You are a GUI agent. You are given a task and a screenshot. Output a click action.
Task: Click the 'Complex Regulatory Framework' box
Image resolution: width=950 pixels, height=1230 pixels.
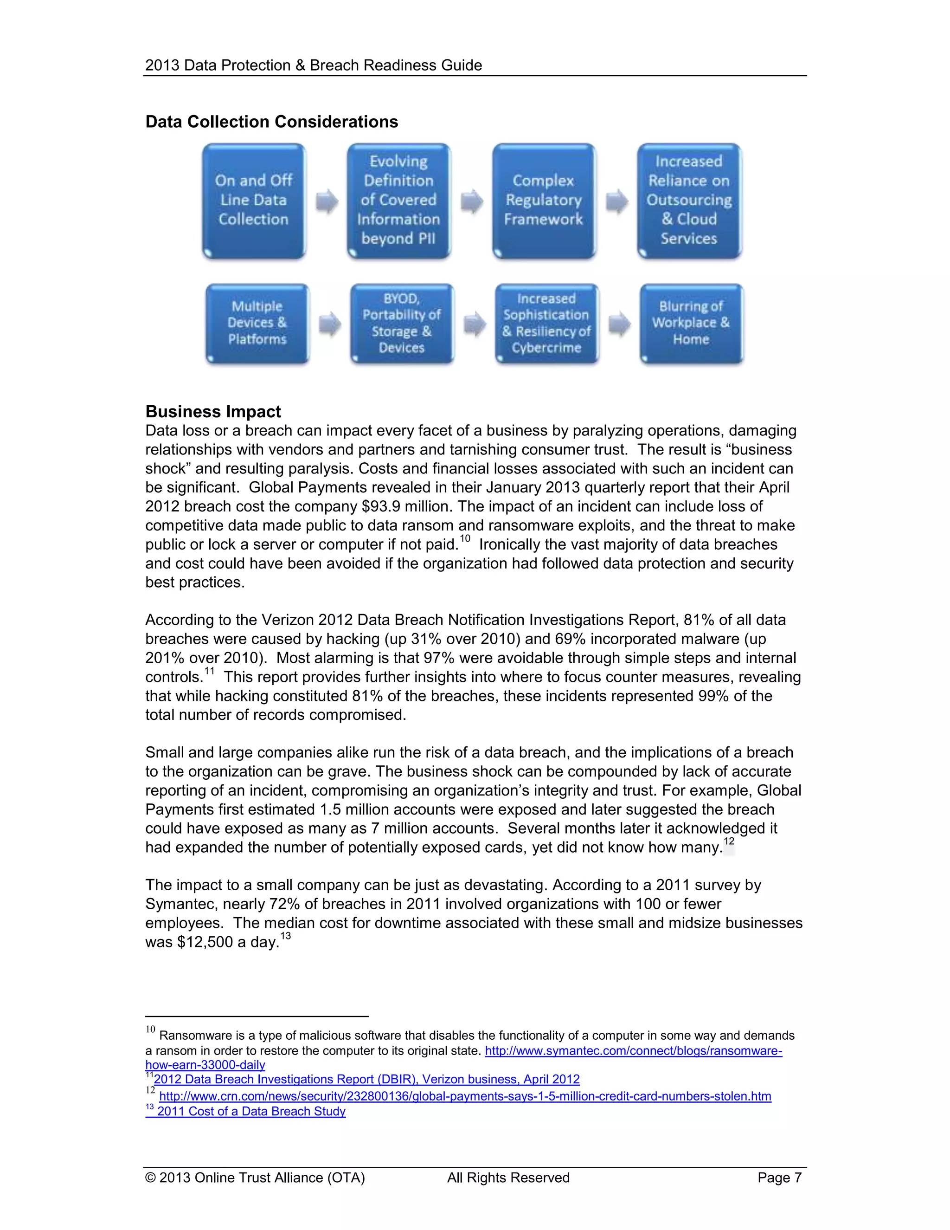pos(543,201)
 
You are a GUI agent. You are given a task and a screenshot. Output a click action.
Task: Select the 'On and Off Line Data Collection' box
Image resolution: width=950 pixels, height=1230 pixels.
pos(254,201)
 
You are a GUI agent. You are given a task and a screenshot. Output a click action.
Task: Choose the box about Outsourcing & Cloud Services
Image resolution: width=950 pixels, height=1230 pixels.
pos(689,201)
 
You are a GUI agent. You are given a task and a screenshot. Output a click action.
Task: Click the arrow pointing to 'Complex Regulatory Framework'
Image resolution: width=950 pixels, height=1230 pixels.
pos(472,201)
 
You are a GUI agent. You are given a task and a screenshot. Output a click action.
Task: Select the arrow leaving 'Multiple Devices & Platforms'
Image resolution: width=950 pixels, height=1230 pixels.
pos(330,324)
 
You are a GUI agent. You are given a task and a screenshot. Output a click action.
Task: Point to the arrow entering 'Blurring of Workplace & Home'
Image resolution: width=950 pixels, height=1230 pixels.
pos(619,324)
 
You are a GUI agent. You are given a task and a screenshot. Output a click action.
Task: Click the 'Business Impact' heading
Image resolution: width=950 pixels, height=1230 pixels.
pos(213,412)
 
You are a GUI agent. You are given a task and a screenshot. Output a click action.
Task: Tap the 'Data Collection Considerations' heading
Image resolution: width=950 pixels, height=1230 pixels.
pos(271,122)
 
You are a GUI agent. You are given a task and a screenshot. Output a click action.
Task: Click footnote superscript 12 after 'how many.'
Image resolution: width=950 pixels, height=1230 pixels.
pos(728,842)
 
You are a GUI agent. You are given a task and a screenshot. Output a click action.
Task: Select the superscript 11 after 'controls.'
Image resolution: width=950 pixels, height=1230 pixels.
pos(209,671)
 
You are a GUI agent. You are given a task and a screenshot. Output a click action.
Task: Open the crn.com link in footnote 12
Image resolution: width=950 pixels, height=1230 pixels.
pos(465,1096)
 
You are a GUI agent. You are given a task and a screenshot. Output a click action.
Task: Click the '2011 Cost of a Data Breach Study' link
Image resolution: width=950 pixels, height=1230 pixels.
pos(251,1111)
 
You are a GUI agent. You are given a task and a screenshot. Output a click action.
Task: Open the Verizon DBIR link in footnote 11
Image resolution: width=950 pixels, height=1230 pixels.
pos(366,1079)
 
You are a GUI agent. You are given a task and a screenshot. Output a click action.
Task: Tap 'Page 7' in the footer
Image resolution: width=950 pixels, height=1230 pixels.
pos(779,1178)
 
